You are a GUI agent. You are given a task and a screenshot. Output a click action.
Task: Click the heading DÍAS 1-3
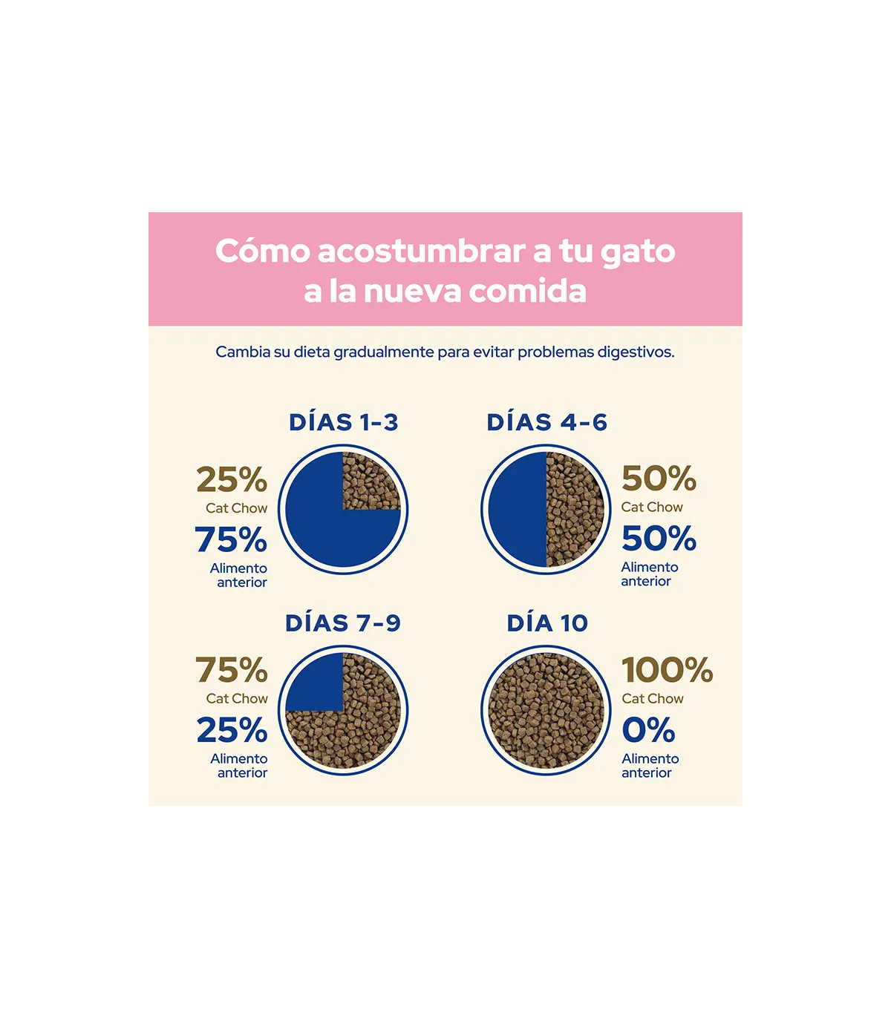(343, 422)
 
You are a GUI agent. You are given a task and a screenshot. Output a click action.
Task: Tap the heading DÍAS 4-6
(546, 422)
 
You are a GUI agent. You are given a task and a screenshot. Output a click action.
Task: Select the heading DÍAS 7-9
(343, 623)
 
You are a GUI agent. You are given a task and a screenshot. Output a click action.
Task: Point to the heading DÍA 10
(547, 623)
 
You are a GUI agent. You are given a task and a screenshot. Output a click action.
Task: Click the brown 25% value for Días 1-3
(232, 480)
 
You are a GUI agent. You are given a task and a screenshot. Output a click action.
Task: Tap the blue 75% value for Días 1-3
(231, 540)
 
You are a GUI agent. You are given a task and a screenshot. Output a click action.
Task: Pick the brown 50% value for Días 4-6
(659, 479)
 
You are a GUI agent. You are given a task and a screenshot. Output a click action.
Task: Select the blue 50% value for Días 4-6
(659, 539)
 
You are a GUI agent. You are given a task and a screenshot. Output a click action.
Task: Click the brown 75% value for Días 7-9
(232, 671)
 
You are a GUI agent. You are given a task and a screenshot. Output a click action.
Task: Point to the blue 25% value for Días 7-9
(232, 731)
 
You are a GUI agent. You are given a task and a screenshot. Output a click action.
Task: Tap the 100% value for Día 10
(667, 671)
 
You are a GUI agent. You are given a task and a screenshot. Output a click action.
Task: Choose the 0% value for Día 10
(648, 731)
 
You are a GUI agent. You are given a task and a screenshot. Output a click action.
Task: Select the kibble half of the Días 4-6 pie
(574, 510)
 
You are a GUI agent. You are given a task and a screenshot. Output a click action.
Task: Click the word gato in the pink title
(638, 252)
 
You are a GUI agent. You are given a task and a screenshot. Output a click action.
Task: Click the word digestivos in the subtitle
(636, 352)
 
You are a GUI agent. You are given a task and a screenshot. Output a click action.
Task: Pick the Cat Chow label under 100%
(653, 699)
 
